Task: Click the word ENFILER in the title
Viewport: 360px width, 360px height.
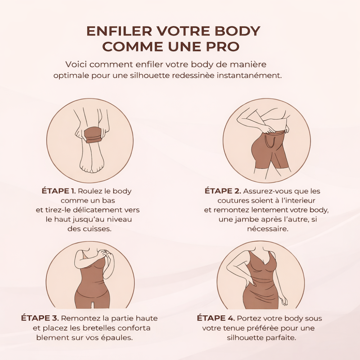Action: tap(119, 31)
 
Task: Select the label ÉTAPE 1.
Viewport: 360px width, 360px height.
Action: tap(59, 191)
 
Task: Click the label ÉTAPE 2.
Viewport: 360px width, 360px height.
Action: tap(223, 191)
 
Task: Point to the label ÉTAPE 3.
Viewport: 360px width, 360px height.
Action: tap(40, 318)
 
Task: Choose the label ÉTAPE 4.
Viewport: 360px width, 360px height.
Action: tap(216, 318)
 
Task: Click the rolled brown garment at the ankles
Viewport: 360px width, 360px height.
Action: tap(93, 136)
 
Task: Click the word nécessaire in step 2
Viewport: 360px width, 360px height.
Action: tap(268, 229)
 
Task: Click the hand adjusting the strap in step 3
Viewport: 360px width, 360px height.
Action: tap(108, 256)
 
